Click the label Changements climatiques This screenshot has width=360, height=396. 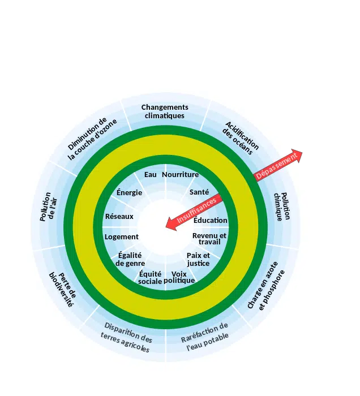(165, 111)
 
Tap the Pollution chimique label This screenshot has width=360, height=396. (282, 206)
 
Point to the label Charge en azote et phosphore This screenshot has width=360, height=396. (266, 286)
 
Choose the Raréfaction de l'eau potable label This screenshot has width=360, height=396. (205, 337)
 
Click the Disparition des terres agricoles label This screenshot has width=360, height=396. (126, 337)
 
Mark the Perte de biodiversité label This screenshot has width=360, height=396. (62, 290)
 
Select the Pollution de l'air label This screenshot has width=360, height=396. (49, 207)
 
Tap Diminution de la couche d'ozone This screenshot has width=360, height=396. (92, 139)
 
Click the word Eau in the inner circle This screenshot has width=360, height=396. (151, 174)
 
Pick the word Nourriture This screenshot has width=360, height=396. (180, 174)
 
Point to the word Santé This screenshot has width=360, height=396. (199, 192)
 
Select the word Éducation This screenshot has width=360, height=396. (211, 220)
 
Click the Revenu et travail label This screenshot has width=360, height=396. (209, 239)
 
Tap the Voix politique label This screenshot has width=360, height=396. (179, 277)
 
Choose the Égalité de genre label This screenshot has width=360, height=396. (130, 259)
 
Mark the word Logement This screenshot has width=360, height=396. (122, 237)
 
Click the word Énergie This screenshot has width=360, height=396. (130, 192)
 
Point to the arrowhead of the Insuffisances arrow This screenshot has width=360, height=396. (172, 225)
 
